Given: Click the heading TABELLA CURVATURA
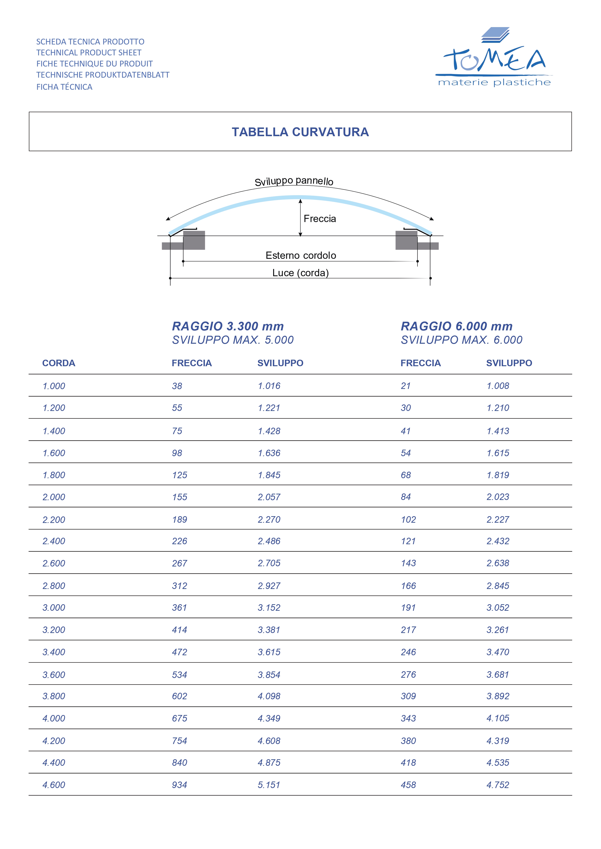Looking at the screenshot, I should pyautogui.click(x=300, y=132).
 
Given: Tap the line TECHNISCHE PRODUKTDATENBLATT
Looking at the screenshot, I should pyautogui.click(x=102, y=75).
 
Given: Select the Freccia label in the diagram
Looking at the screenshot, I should pyautogui.click(x=319, y=219).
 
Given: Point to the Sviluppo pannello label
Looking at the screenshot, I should pyautogui.click(x=294, y=181).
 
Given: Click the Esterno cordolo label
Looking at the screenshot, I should pyautogui.click(x=300, y=255).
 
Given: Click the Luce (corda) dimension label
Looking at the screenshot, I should pyautogui.click(x=300, y=273).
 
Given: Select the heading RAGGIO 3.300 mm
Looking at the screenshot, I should pyautogui.click(x=228, y=326).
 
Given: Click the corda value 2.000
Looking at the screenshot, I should pyautogui.click(x=54, y=497).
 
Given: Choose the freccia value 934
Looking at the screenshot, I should pyautogui.click(x=179, y=785).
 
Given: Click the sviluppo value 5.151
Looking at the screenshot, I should pyautogui.click(x=269, y=785).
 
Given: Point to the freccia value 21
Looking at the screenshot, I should pyautogui.click(x=406, y=386).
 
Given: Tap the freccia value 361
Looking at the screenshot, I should pyautogui.click(x=179, y=608).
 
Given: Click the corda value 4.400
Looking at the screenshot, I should pyautogui.click(x=54, y=762).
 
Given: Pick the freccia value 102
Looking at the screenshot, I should pyautogui.click(x=408, y=520).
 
